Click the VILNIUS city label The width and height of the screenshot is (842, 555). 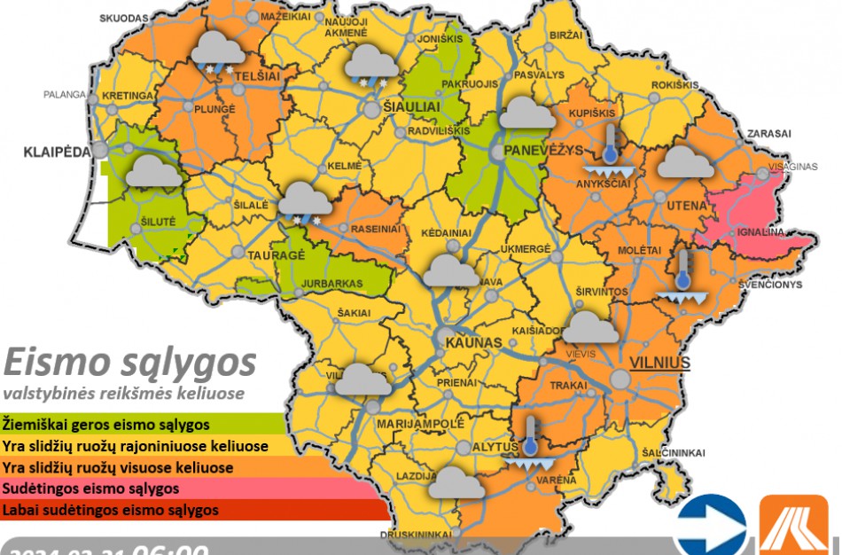click(659, 363)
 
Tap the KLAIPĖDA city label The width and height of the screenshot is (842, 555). click(57, 152)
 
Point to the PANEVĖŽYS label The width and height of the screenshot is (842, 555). click(542, 151)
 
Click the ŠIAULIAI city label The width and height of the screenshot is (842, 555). click(409, 106)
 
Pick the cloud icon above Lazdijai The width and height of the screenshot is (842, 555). click(456, 482)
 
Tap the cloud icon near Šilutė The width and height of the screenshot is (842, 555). click(152, 170)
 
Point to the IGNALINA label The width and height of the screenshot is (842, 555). click(761, 232)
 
